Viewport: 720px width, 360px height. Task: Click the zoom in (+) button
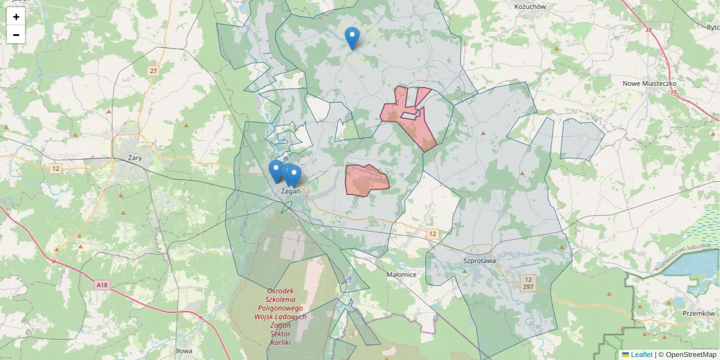(x=16, y=17)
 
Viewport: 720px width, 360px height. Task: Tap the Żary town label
(x=134, y=158)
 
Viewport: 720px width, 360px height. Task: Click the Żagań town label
(x=290, y=191)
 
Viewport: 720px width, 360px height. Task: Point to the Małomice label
(x=402, y=274)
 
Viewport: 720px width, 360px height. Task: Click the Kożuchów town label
(x=530, y=7)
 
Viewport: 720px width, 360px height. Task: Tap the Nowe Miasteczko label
(x=649, y=84)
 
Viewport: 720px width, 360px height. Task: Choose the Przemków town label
(x=698, y=313)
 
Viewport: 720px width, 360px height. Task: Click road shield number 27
(x=154, y=71)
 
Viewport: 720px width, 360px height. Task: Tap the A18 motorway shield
(x=102, y=286)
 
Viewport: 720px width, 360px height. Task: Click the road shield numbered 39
(x=673, y=92)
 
